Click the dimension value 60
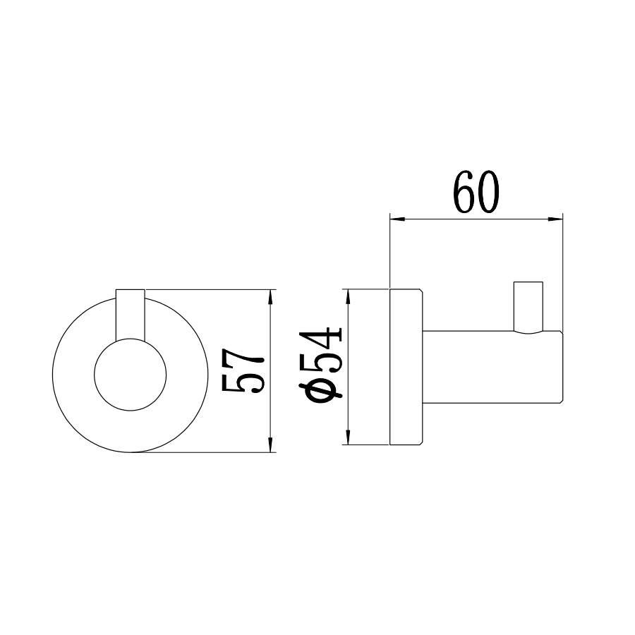tap(476, 192)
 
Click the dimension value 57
tap(243, 370)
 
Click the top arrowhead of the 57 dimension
tap(271, 296)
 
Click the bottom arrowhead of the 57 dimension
tap(271, 445)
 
